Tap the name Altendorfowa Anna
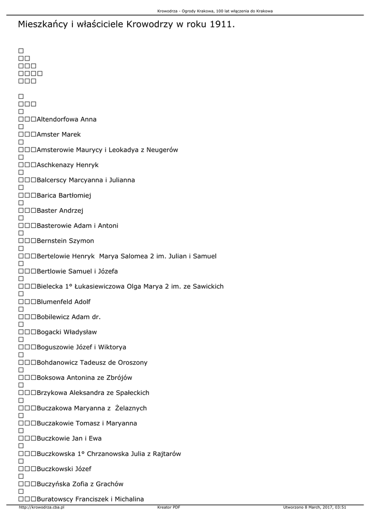[x=67, y=120]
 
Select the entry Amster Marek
[x=59, y=135]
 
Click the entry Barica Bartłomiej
[x=64, y=196]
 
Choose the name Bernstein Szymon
[x=66, y=241]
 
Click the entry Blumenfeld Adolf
[x=64, y=302]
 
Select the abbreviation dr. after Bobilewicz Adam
[x=96, y=317]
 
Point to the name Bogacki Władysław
[x=67, y=332]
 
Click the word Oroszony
[x=130, y=362]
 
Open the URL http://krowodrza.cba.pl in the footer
[x=41, y=507]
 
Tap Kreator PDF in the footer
[x=169, y=507]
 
